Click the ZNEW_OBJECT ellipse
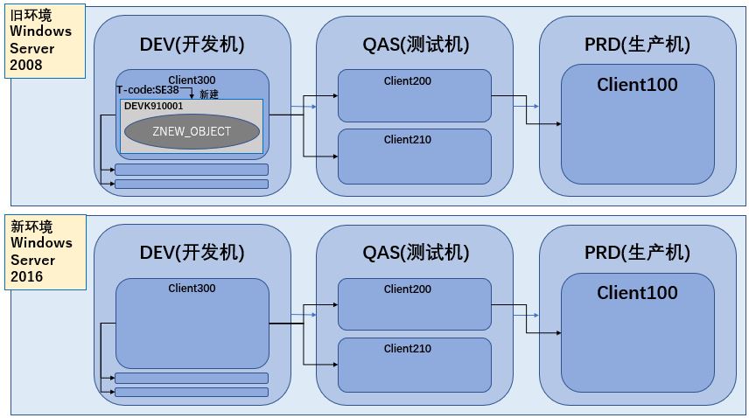pos(192,131)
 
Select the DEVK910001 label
pos(154,106)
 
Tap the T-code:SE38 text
pos(147,89)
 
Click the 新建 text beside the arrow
pos(208,94)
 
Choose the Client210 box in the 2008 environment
pos(414,156)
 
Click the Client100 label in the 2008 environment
pos(637,85)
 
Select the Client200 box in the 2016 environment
pos(414,304)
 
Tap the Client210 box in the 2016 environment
pos(414,365)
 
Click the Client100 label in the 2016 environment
pos(637,293)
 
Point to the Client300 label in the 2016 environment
pos(192,289)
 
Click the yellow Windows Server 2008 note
pos(46,40)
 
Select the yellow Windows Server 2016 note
pos(46,252)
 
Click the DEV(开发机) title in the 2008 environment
pos(192,45)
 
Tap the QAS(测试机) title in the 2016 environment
pos(416,253)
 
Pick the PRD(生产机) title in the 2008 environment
pos(637,45)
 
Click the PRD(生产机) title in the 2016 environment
pos(637,253)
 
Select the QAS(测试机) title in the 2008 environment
pos(416,45)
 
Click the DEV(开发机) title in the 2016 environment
pos(192,253)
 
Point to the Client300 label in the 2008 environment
pos(192,80)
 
